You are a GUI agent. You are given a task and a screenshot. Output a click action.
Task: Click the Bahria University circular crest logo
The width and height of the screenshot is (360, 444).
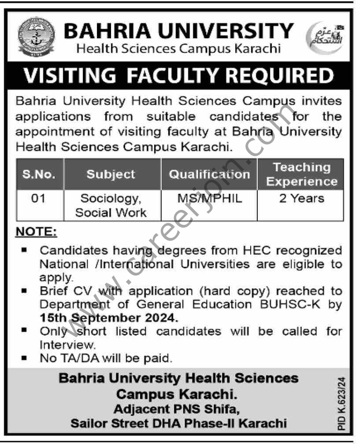[37, 37]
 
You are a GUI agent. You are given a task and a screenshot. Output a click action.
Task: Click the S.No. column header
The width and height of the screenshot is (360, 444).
[39, 174]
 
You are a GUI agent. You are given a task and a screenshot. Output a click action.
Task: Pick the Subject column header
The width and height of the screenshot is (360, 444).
[111, 174]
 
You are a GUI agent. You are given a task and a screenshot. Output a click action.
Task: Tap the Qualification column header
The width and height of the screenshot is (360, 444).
[210, 174]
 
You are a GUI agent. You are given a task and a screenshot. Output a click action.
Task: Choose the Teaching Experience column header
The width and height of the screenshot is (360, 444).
[302, 174]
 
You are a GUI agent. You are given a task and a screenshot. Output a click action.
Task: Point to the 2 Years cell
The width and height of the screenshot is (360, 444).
[301, 199]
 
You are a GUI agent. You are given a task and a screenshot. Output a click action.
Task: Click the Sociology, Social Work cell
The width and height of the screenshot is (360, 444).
[111, 206]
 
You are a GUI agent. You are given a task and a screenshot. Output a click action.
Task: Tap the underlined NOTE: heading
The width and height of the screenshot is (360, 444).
[37, 232]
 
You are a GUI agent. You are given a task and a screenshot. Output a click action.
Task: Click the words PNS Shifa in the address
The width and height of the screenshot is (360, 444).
[210, 409]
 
